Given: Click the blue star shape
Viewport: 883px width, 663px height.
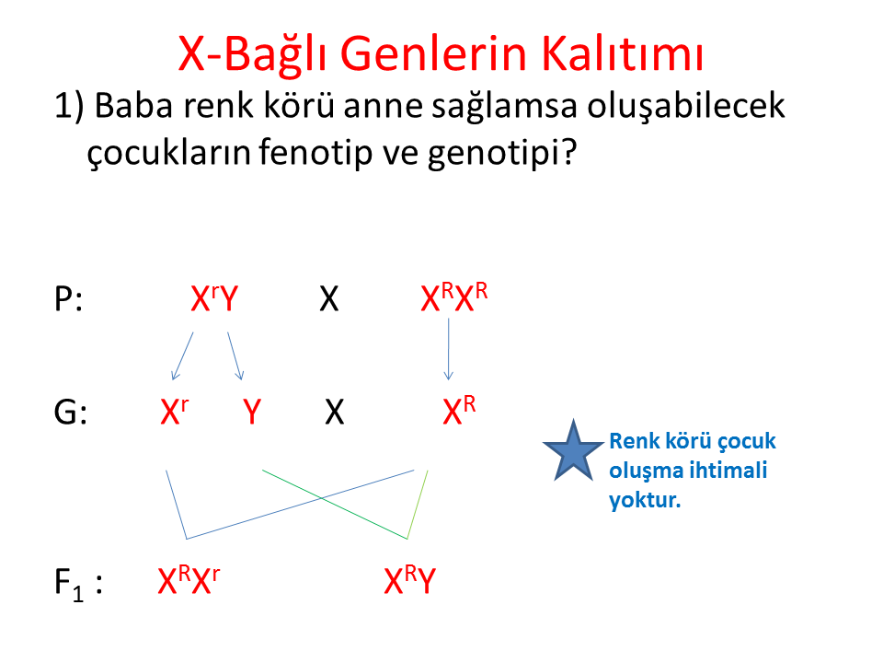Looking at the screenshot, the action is (573, 452).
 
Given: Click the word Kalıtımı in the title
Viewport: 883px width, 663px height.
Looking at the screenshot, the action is (623, 54).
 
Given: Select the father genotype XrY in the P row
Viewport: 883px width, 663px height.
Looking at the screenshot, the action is (214, 298).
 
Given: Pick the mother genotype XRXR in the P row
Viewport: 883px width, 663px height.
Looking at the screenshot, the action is (453, 297).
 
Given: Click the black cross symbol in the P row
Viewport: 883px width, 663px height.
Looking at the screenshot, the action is (329, 298).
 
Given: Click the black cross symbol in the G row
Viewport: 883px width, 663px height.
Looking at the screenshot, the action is (335, 413).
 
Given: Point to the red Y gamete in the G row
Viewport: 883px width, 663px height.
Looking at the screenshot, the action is (252, 412).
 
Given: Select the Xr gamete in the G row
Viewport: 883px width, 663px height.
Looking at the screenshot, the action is (175, 411).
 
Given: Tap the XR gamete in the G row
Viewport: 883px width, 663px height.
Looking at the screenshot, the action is (459, 410).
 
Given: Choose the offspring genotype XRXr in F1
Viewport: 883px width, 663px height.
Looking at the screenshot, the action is (189, 580).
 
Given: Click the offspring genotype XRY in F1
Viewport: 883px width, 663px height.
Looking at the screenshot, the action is (410, 580).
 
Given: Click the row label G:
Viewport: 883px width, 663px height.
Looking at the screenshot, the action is (71, 413).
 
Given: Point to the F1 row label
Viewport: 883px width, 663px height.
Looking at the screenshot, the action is (78, 584).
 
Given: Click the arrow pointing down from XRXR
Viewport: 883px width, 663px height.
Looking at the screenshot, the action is (448, 350).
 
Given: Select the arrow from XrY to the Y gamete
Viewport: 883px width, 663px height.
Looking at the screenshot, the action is (235, 356).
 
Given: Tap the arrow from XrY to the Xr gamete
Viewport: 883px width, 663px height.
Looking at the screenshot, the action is (182, 356).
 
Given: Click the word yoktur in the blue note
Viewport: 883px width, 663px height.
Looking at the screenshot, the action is (646, 500).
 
